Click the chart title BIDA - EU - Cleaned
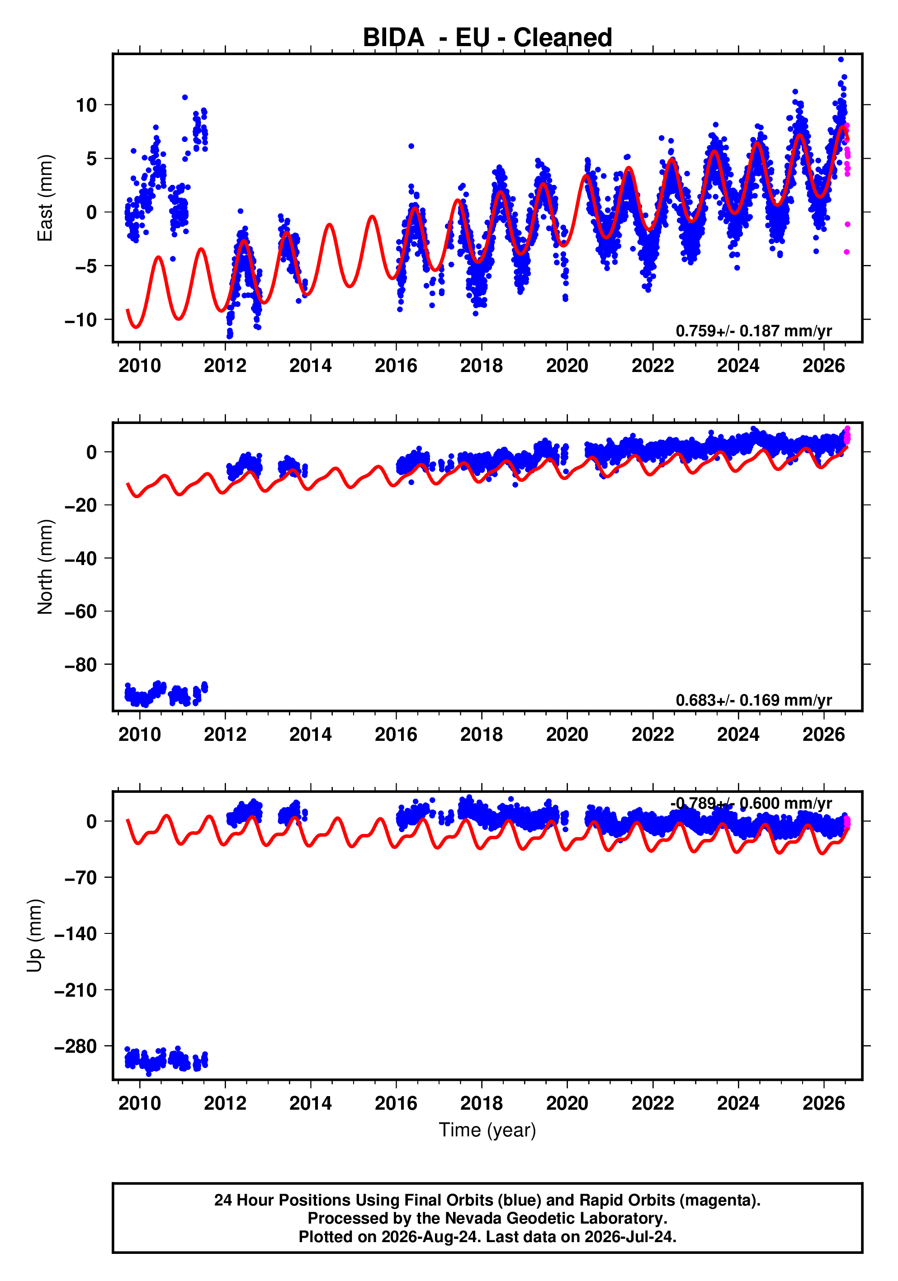click(x=487, y=38)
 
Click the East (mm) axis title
click(x=45, y=198)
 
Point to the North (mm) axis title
click(x=45, y=567)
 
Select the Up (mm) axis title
click(x=35, y=936)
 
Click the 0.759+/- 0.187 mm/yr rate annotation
click(x=753, y=331)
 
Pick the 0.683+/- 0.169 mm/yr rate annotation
click(x=753, y=700)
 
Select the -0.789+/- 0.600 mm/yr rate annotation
click(x=751, y=803)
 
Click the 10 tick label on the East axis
click(x=86, y=105)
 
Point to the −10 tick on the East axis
click(x=81, y=320)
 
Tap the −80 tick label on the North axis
click(x=81, y=664)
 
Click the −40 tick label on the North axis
click(x=81, y=558)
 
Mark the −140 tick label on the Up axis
click(x=76, y=933)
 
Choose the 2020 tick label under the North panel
click(x=567, y=734)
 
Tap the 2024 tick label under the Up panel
click(x=738, y=1103)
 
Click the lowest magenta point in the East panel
click(x=846, y=252)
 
